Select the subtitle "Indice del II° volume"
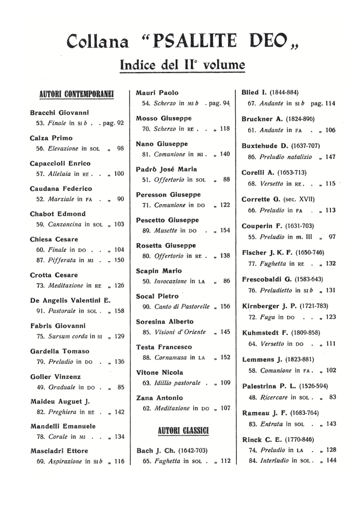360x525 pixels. coord(182,64)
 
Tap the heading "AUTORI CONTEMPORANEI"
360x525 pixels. coord(76,94)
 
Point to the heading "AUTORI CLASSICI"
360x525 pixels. coord(183,431)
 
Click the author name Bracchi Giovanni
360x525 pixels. coord(59,113)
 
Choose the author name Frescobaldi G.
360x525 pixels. coord(267,279)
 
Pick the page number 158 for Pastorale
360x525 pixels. coord(119,311)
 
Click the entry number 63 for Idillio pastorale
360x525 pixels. coord(146,383)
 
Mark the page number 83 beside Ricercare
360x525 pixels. coord(333,397)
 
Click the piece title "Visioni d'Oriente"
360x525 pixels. coord(180,332)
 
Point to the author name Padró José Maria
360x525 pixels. coord(166,169)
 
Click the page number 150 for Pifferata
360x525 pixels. coord(119,260)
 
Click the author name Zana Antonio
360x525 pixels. coord(160,398)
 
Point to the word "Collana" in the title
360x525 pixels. coord(97,42)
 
